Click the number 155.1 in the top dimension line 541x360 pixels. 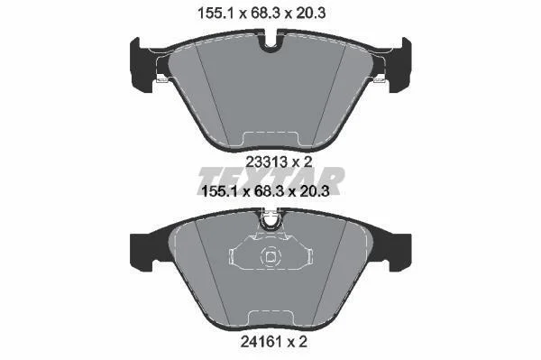click(x=216, y=14)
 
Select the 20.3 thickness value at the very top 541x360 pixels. click(x=309, y=14)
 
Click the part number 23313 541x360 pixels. click(x=266, y=162)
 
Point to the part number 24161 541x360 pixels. click(x=261, y=342)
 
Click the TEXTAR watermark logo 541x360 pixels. click(x=271, y=180)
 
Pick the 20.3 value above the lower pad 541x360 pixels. click(x=314, y=191)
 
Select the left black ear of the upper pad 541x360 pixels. click(x=142, y=65)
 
